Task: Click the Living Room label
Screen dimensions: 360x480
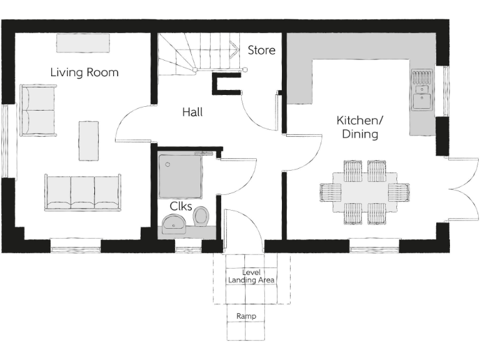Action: click(x=84, y=72)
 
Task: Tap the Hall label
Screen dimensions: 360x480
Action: click(x=192, y=112)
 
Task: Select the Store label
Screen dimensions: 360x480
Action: click(x=261, y=50)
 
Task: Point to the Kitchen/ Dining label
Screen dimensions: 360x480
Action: click(x=359, y=127)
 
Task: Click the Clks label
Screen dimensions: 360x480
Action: click(x=181, y=206)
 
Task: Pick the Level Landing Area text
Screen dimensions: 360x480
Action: click(x=251, y=276)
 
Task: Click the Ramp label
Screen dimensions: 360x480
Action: click(x=246, y=316)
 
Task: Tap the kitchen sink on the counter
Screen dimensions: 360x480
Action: click(x=422, y=99)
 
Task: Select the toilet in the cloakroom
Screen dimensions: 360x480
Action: click(x=201, y=216)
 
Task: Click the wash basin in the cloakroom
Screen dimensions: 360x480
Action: click(x=173, y=223)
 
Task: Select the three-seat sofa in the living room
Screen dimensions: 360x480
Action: click(x=82, y=192)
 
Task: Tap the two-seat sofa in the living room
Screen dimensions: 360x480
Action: click(x=38, y=110)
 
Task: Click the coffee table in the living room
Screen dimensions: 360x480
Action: click(x=88, y=141)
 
